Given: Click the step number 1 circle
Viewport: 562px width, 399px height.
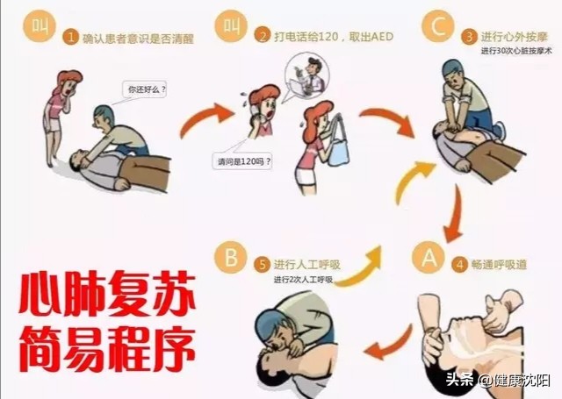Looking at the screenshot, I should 70,37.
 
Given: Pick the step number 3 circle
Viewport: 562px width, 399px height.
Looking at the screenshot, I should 470,36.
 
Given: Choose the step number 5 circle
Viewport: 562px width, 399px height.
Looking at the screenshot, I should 261,264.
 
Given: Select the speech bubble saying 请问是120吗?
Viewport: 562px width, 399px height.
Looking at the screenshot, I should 243,161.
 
